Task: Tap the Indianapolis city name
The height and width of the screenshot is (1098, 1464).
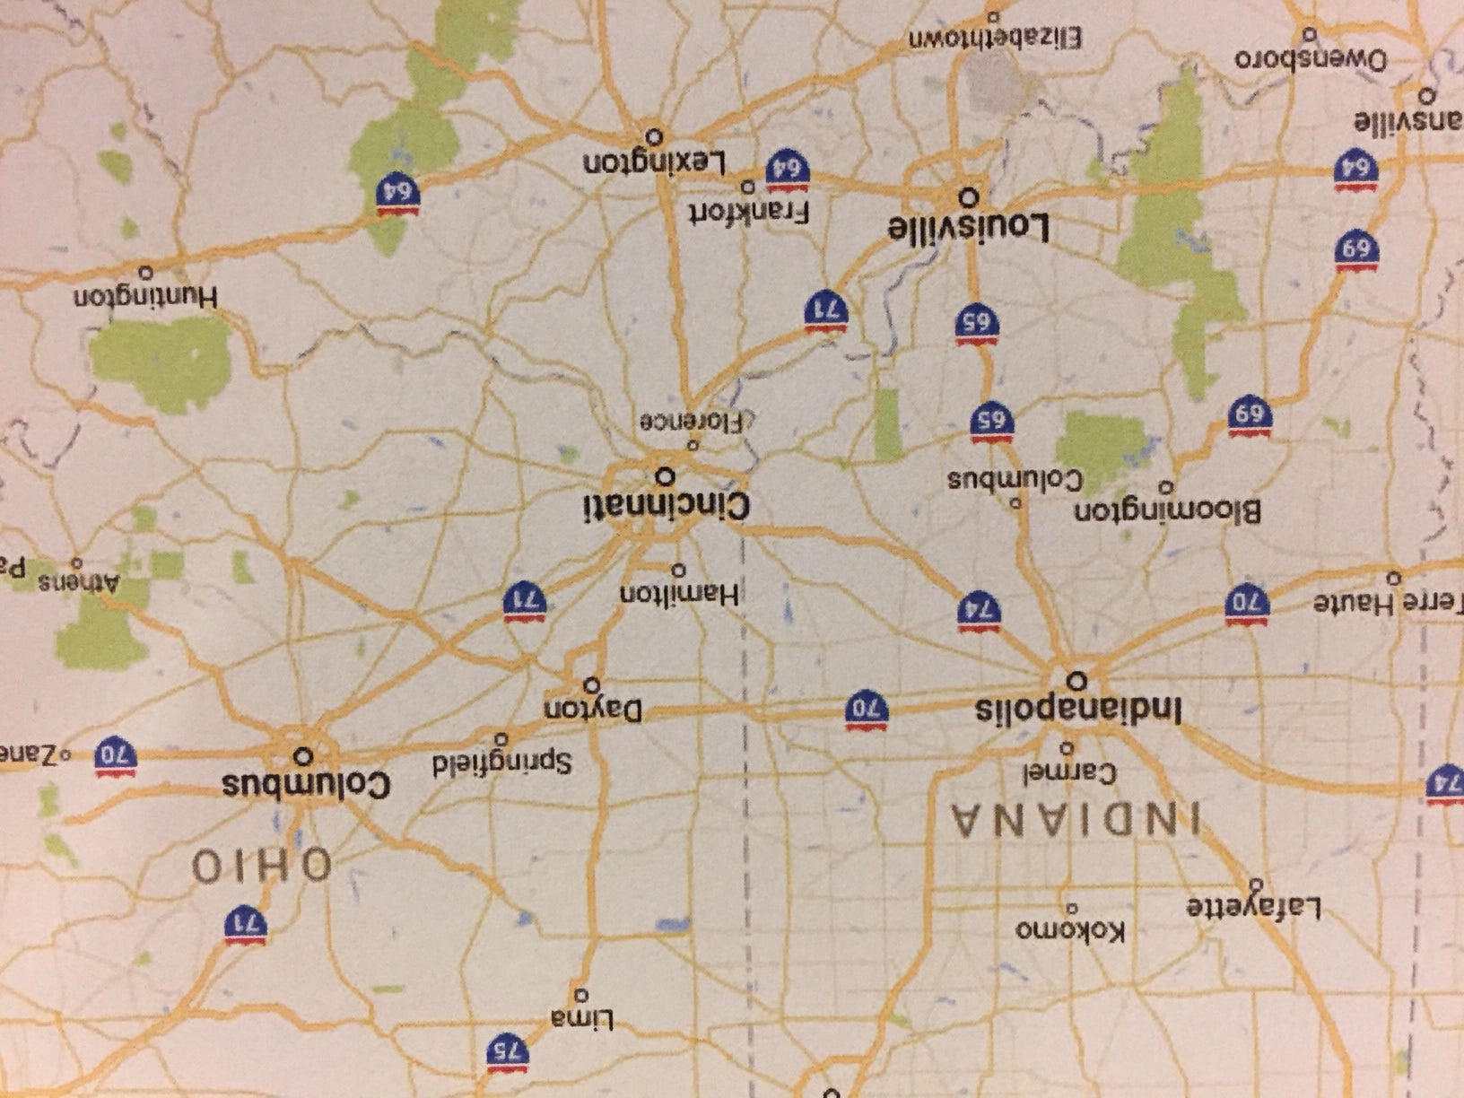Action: coord(1078,710)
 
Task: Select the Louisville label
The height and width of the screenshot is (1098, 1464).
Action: coord(968,227)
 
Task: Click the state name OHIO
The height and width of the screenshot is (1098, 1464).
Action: coord(262,867)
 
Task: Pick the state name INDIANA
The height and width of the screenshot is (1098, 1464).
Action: coord(1076,820)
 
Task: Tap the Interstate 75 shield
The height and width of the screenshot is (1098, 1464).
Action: coord(508,1051)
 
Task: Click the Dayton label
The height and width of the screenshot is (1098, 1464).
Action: coord(593,710)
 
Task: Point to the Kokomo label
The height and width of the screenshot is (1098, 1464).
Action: coord(1068,930)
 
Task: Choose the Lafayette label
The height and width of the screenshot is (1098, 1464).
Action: coord(1254,908)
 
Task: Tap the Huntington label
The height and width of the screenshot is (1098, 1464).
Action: coord(145,297)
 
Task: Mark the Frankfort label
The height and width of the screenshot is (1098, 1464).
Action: coord(749,213)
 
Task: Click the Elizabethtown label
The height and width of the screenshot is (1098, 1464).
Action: coord(994,39)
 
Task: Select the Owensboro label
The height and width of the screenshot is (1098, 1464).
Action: coord(1311,60)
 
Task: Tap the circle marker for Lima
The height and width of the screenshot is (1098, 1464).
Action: coord(580,995)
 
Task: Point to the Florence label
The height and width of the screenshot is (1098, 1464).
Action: coord(692,421)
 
